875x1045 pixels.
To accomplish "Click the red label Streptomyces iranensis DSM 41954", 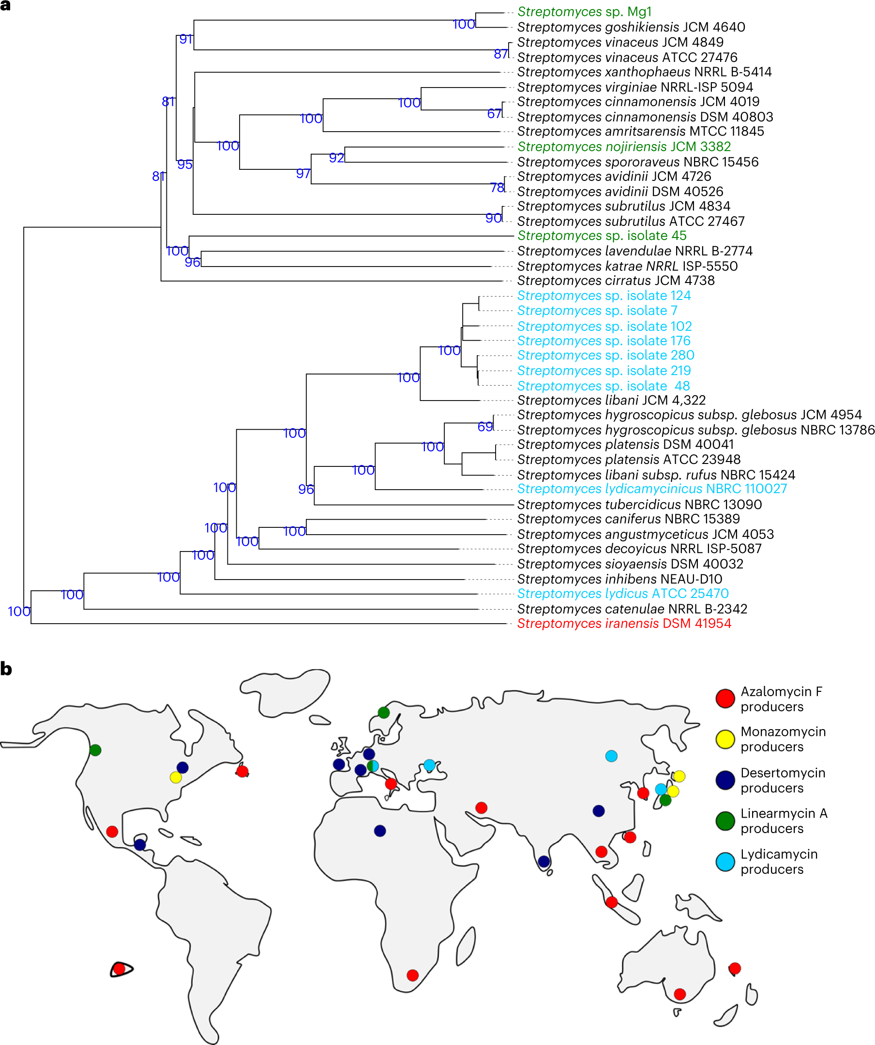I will (x=624, y=624).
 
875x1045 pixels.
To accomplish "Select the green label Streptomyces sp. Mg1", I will (x=584, y=12).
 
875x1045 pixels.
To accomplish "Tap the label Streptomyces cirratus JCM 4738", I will (x=616, y=281).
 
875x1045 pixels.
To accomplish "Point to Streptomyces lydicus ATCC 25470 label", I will (x=623, y=594).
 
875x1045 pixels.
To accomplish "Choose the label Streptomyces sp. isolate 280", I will (x=605, y=355).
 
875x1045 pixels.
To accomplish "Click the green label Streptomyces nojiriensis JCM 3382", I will (x=624, y=147).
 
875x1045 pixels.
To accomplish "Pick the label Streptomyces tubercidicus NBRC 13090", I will (x=639, y=505).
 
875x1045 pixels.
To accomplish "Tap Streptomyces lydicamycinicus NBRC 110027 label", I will (x=652, y=489).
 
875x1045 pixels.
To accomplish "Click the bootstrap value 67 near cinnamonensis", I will (x=494, y=114).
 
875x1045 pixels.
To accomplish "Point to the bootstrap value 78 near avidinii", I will (x=497, y=188).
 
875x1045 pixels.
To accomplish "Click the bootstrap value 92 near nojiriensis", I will (x=336, y=158).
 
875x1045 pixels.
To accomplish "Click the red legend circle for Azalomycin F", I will (x=725, y=699).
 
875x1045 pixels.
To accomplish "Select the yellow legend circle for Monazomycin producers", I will (x=725, y=739).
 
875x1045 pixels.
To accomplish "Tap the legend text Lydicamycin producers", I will (x=778, y=861).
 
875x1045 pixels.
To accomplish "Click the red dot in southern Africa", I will (x=413, y=975).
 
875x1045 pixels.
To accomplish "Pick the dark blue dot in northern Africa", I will (x=380, y=831).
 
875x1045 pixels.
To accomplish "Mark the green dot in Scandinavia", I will (x=384, y=713).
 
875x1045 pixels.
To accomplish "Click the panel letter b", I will (x=6, y=669).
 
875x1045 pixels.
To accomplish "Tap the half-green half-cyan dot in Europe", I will (x=373, y=766).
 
